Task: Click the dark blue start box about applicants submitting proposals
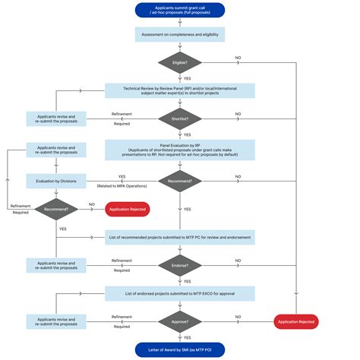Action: [180, 11]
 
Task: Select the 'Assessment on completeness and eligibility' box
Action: [180, 35]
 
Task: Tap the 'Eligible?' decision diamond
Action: [180, 63]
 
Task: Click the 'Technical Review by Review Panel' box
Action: [180, 90]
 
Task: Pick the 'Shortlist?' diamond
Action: [180, 118]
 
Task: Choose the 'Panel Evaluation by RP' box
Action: [180, 149]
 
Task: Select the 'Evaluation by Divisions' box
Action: [56, 181]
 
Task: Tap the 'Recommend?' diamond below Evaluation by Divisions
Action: [56, 208]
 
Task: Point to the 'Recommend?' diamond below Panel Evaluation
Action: [180, 181]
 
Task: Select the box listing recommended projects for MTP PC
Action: [180, 237]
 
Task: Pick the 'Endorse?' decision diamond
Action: [180, 265]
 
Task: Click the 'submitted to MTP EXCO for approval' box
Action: [180, 292]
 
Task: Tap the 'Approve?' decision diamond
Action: [180, 321]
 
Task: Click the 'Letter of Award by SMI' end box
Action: [180, 349]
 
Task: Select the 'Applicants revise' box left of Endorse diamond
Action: [56, 265]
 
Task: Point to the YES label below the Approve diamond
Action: [187, 336]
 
